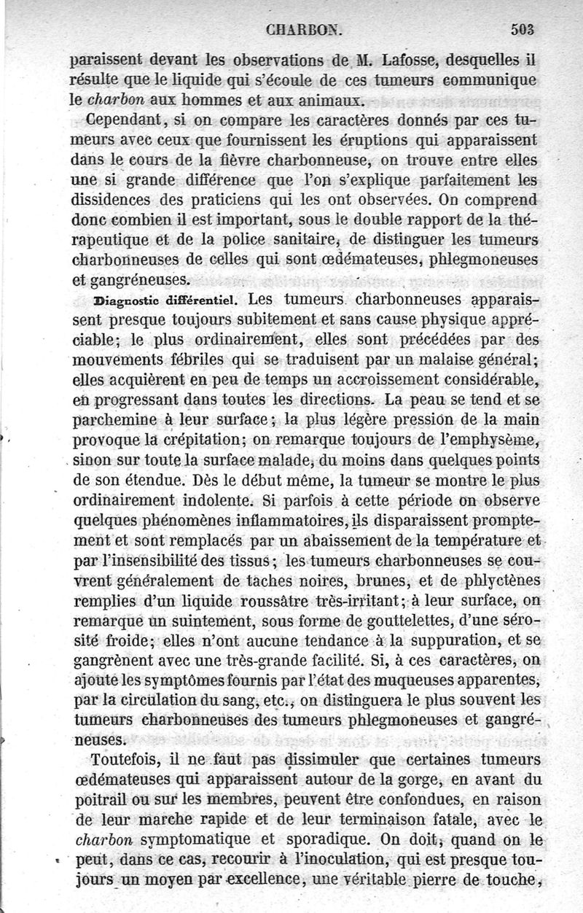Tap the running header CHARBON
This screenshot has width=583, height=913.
coord(303,31)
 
